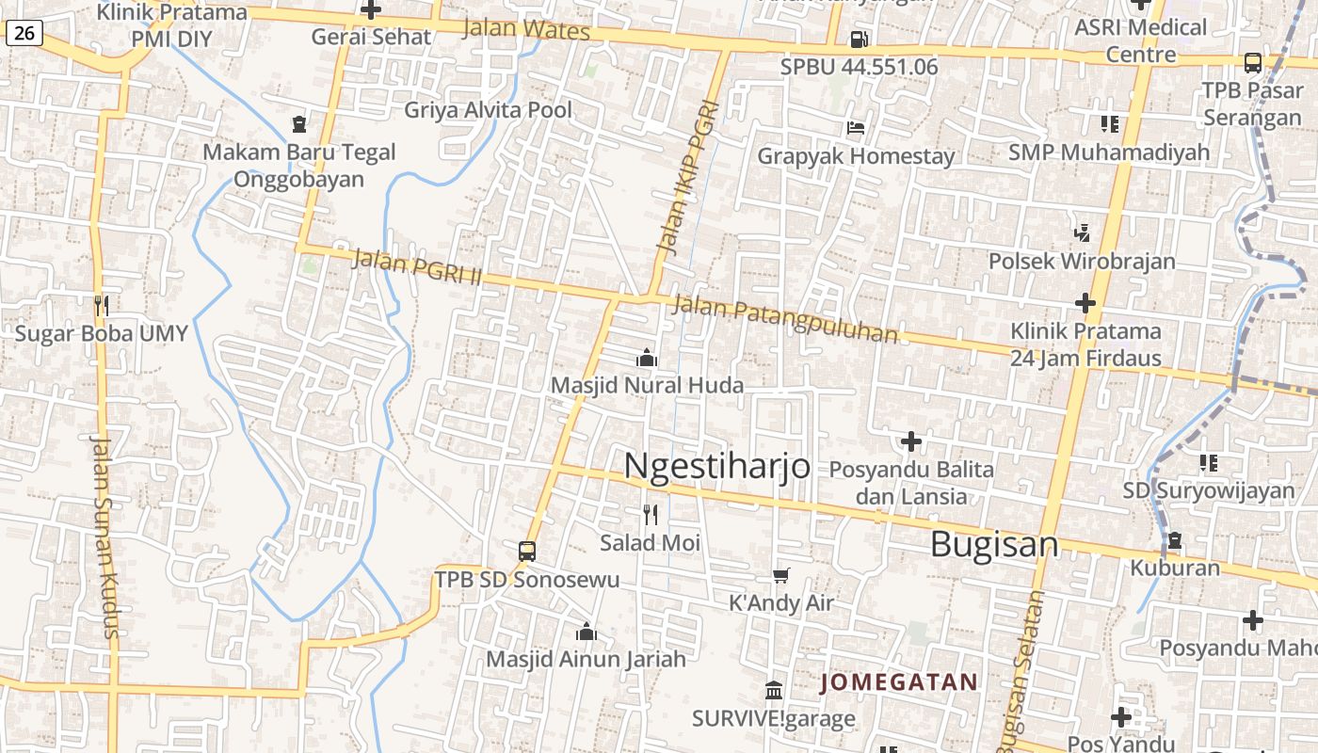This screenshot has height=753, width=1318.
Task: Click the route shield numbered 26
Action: pyautogui.click(x=24, y=34)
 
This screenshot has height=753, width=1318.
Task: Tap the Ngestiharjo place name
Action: pyautogui.click(x=716, y=465)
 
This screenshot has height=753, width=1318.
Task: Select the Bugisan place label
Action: pyautogui.click(x=994, y=544)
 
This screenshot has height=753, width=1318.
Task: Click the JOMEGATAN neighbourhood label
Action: pyautogui.click(x=899, y=681)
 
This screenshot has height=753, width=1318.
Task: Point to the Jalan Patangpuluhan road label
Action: pyautogui.click(x=786, y=319)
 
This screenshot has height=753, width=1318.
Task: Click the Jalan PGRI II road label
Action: pyautogui.click(x=417, y=266)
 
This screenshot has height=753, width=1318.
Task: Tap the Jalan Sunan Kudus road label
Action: pyautogui.click(x=105, y=537)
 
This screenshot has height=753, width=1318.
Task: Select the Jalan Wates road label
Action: pyautogui.click(x=526, y=29)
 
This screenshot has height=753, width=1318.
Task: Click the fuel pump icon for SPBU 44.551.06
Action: pyautogui.click(x=859, y=40)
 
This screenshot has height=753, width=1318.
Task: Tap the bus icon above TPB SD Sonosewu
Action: pyautogui.click(x=527, y=552)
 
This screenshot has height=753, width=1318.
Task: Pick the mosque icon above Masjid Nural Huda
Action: pyautogui.click(x=647, y=358)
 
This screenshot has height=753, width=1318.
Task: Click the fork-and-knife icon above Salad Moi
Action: pyautogui.click(x=650, y=514)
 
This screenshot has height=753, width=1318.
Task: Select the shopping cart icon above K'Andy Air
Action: pyautogui.click(x=780, y=575)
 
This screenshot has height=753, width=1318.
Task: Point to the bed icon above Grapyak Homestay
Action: pyautogui.click(x=856, y=128)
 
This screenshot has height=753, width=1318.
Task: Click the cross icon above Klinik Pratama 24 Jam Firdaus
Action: pyautogui.click(x=1085, y=303)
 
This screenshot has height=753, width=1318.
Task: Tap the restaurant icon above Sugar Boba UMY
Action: pyautogui.click(x=102, y=305)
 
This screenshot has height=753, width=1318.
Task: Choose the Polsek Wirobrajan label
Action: pyautogui.click(x=1082, y=261)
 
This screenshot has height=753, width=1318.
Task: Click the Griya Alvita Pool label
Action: pyautogui.click(x=488, y=110)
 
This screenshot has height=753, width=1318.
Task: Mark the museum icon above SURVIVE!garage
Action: pyautogui.click(x=774, y=690)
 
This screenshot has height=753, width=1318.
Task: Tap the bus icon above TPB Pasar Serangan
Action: pyautogui.click(x=1252, y=63)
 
